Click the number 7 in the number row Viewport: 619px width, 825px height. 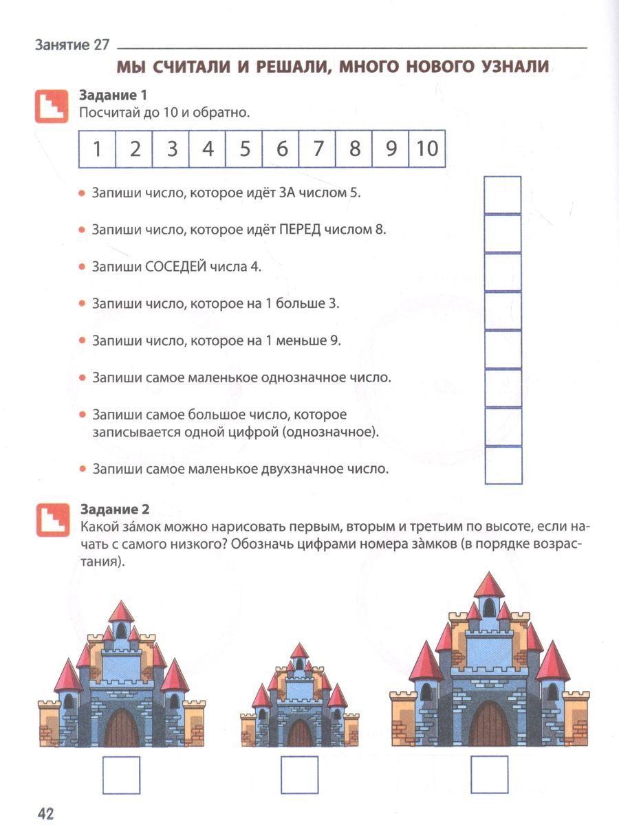click(x=318, y=149)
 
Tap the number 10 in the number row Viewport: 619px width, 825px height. click(x=426, y=149)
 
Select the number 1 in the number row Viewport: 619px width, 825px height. click(x=98, y=149)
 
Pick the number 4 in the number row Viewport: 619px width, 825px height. click(x=208, y=149)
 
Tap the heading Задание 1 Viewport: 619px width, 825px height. click(x=113, y=95)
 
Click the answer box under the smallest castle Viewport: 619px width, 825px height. click(x=299, y=775)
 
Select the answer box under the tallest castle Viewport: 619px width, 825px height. click(x=489, y=775)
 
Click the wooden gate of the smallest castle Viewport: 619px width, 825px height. click(x=299, y=734)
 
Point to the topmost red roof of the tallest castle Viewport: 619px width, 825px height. click(x=489, y=586)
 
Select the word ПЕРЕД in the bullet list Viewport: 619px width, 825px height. click(x=301, y=229)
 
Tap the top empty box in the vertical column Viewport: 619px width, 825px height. click(x=503, y=195)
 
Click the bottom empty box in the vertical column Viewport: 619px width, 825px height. click(x=503, y=465)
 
